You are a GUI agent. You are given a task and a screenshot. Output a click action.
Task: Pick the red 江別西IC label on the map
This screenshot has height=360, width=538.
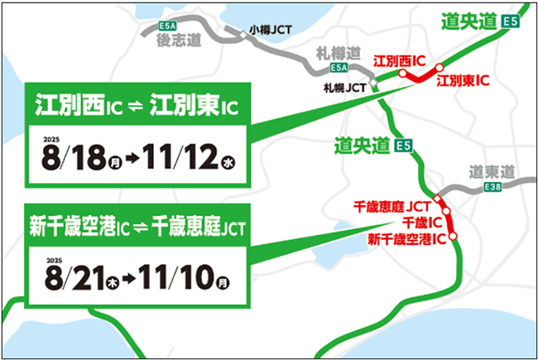[x=400, y=61]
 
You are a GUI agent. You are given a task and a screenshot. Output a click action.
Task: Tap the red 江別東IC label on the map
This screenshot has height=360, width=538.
[x=463, y=80]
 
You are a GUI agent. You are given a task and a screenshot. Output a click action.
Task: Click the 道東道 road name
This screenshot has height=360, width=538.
[x=491, y=173]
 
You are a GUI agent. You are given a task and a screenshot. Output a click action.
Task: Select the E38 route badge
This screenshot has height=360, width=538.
[x=493, y=190]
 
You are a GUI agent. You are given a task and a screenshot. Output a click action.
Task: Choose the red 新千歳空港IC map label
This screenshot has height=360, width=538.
[x=406, y=239]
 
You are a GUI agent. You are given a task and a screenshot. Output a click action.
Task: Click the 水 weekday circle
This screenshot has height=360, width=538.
[x=227, y=163]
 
